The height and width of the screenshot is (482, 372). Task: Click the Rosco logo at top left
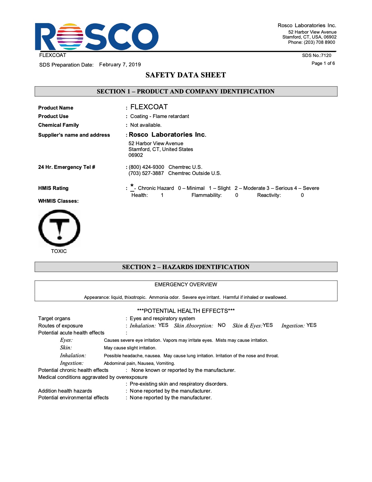(96, 37)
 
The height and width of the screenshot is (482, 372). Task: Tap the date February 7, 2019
(120, 65)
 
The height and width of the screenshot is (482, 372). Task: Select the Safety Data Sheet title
(186, 75)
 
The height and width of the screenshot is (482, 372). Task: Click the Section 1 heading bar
(186, 91)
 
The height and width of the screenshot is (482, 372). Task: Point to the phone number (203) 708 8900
(312, 42)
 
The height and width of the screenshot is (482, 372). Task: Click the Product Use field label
(53, 116)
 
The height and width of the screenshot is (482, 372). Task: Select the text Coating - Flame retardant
(160, 116)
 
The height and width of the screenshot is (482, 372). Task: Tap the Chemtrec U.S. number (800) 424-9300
(146, 167)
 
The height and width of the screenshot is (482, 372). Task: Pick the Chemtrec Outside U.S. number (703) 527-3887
(146, 173)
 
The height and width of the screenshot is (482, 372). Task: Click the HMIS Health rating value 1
(162, 195)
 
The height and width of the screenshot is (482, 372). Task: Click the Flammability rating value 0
(237, 195)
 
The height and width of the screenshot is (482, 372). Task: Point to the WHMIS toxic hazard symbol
(59, 228)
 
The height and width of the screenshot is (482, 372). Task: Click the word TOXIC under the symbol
(59, 251)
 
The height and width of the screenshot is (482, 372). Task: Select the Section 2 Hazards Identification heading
(186, 267)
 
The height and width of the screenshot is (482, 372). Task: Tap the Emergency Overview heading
(186, 285)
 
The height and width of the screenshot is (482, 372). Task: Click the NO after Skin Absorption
(222, 325)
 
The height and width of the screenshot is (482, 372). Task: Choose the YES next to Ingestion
(311, 325)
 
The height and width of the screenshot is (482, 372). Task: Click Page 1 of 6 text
(323, 63)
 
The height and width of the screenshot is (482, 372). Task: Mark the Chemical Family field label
(59, 125)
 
